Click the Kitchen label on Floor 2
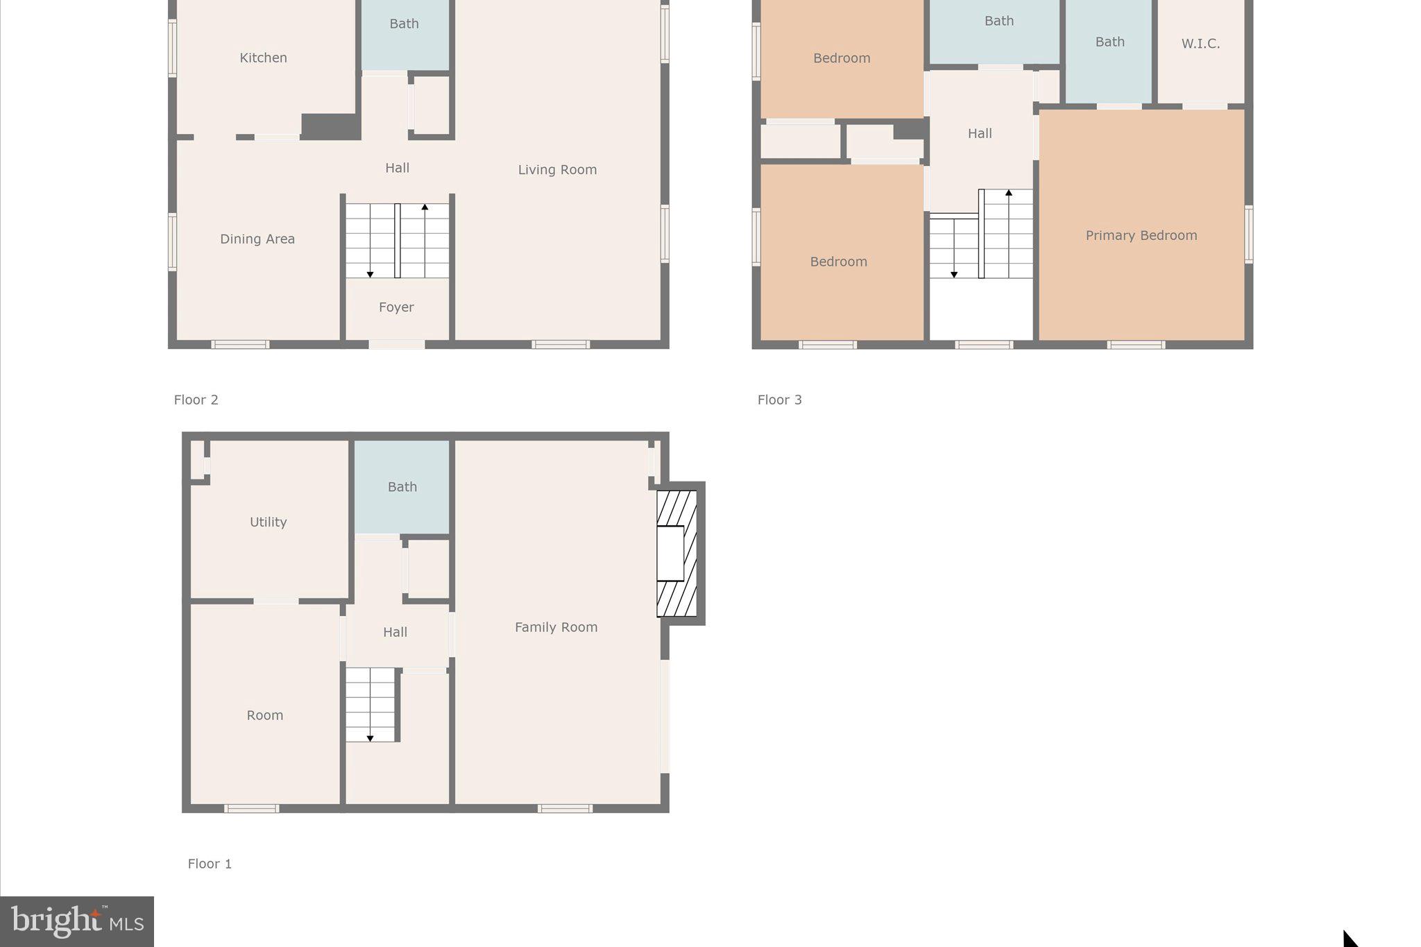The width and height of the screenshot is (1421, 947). tap(263, 58)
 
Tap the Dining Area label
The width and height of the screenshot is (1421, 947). tap(257, 239)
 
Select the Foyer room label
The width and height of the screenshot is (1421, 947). tap(396, 307)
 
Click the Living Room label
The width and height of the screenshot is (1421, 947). tap(557, 169)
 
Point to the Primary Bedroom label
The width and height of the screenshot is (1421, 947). tap(1141, 235)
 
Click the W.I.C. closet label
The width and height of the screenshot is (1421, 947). tap(1200, 44)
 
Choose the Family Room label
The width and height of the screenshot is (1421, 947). tap(556, 627)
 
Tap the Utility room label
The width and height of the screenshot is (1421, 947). tap(268, 522)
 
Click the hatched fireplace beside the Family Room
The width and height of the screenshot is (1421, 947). tap(677, 553)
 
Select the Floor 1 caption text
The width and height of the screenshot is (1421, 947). tap(210, 864)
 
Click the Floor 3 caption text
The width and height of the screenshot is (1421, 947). tap(779, 400)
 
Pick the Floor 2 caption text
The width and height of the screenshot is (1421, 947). tap(196, 400)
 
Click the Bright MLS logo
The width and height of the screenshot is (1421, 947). tap(77, 921)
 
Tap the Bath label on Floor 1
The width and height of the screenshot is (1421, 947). tap(402, 487)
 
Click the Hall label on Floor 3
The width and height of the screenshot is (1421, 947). tap(980, 133)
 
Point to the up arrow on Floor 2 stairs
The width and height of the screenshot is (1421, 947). tap(425, 207)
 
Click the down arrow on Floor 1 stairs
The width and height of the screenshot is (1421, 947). tap(370, 738)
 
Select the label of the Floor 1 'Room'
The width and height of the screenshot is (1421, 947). tap(264, 715)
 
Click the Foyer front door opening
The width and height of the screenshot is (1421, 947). tap(396, 344)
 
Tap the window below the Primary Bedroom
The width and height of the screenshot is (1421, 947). tap(1136, 345)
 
